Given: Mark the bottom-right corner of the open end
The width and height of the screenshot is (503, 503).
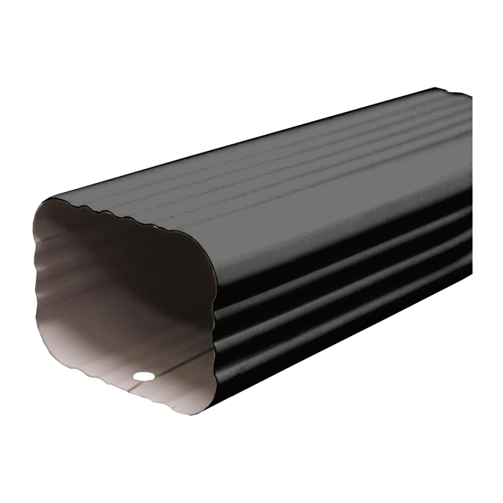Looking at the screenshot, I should pyautogui.click(x=200, y=411).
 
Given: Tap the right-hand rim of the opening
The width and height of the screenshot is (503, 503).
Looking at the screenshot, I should pyautogui.click(x=216, y=320).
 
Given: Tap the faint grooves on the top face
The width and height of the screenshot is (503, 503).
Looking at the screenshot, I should pyautogui.click(x=320, y=160).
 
